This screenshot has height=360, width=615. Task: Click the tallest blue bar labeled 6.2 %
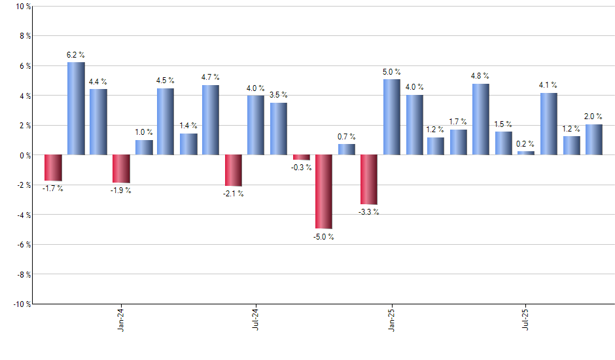pos(76,109)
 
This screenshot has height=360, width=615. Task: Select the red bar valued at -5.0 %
pos(324,192)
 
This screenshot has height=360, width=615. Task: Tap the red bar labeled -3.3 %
pos(368,179)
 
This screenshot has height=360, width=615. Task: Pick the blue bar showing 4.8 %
pos(481,119)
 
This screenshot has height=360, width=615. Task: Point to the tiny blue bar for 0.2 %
pos(526,153)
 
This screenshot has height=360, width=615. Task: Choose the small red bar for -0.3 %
pos(302,157)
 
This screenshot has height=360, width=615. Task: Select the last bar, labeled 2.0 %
pos(593,139)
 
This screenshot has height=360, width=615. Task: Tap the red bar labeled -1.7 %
pos(53,168)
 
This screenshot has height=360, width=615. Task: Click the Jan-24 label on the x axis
pos(122,319)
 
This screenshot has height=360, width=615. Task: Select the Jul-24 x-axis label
pos(255,319)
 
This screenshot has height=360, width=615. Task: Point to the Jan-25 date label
pos(391,319)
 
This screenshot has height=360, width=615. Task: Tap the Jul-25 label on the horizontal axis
pos(526,319)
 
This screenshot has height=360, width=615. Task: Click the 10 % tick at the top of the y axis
pos(22,7)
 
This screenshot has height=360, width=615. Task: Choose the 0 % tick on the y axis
pos(24,155)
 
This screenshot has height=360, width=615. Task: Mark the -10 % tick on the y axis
pos(21,304)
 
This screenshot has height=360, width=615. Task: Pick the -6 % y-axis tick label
pos(23,245)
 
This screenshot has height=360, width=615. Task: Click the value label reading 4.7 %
pos(211,77)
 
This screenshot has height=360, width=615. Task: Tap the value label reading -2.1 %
pos(233,194)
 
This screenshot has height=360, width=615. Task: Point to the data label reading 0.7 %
pos(347,136)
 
